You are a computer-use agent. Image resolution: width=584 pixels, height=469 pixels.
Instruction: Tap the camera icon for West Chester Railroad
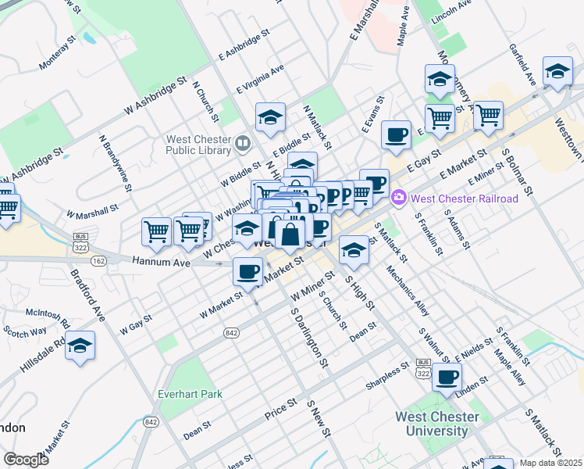click(x=400, y=199)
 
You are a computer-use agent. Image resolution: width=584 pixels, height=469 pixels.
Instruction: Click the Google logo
click(x=26, y=460)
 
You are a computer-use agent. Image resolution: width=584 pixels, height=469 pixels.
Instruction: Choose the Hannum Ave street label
click(x=162, y=263)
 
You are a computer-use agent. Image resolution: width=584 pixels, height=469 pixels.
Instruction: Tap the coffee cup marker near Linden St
click(x=447, y=378)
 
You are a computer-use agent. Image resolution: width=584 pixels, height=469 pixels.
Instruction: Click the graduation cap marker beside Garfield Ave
click(x=557, y=72)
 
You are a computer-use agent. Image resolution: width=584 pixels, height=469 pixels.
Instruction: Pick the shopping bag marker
click(x=290, y=234)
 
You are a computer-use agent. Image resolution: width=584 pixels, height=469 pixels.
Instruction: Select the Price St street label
click(x=282, y=410)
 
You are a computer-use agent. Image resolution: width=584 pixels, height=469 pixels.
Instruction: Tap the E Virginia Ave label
click(x=262, y=79)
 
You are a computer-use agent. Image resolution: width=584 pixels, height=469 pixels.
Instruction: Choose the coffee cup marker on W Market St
click(x=248, y=271)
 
